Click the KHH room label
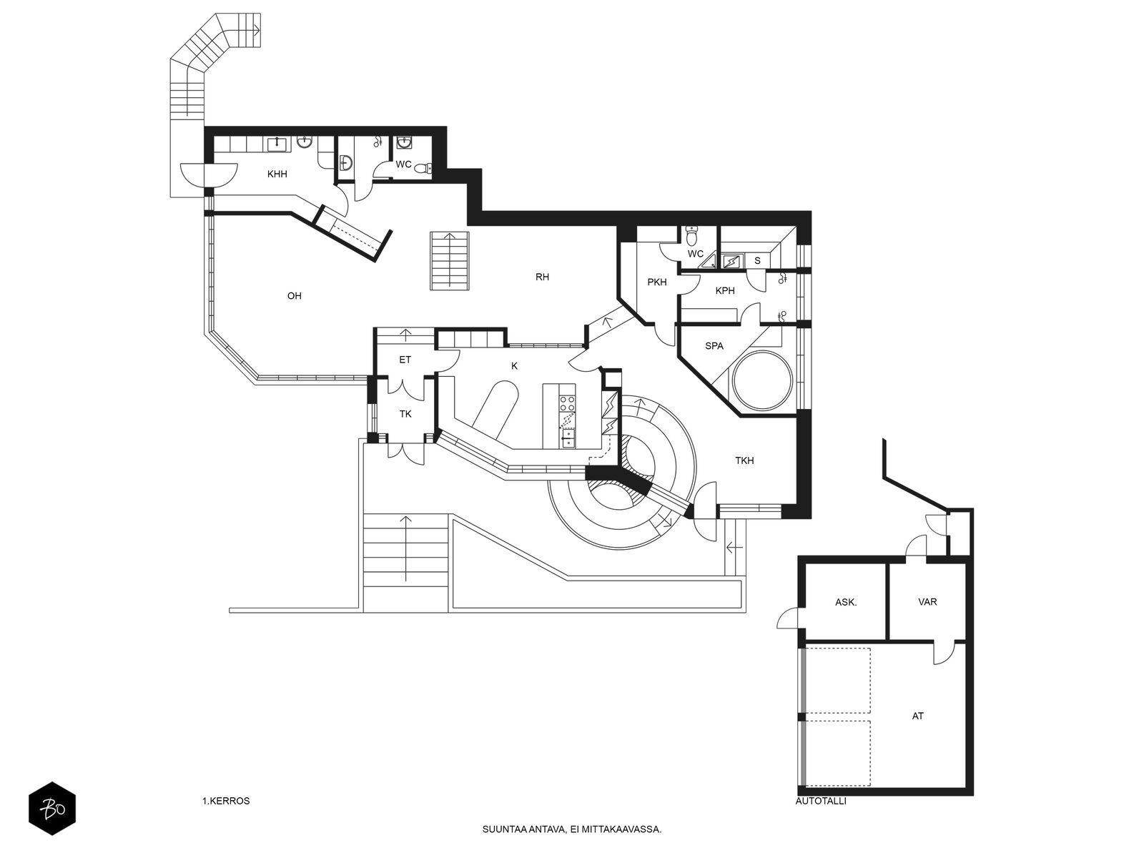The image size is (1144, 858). click(x=277, y=174)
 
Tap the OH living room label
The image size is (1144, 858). click(x=295, y=296)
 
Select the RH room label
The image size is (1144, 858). click(x=542, y=277)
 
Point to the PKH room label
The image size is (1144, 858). click(x=656, y=282)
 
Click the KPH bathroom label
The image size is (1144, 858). click(x=725, y=291)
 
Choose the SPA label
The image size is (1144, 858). click(x=714, y=346)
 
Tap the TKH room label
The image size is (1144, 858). click(x=744, y=460)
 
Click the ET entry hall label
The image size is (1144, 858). click(x=405, y=360)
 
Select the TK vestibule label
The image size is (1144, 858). click(x=405, y=414)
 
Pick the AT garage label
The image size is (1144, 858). click(x=918, y=716)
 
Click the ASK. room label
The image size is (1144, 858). click(x=846, y=602)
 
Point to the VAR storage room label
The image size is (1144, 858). click(x=927, y=602)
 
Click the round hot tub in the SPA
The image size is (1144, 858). click(x=762, y=381)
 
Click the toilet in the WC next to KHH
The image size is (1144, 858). click(x=426, y=168)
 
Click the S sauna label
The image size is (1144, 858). click(x=757, y=260)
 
